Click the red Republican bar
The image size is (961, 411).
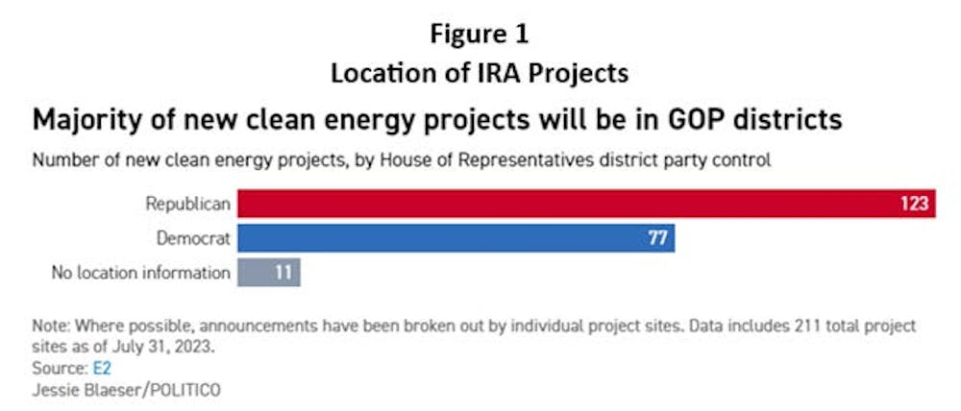click(586, 204)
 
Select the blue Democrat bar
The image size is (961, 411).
click(456, 237)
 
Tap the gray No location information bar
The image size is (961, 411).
click(269, 272)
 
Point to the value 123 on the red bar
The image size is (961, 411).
click(915, 204)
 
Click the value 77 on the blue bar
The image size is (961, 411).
click(657, 237)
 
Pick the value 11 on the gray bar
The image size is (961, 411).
click(283, 272)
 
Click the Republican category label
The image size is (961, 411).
click(187, 205)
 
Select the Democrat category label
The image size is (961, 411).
click(194, 238)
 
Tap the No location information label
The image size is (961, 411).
click(141, 273)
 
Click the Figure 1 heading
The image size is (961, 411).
click(480, 35)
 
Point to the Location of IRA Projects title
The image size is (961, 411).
click(480, 73)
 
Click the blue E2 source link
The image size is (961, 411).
click(103, 368)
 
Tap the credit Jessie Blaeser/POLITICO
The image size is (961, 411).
click(127, 390)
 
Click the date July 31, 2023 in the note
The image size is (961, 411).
click(162, 347)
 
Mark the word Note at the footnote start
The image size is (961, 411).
click(48, 326)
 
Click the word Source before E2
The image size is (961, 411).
click(60, 368)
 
